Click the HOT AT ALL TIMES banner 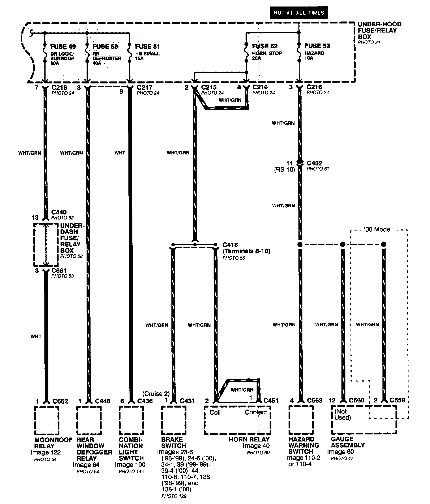coord(298,13)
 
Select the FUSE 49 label coord(63,47)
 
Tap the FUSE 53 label coord(317,46)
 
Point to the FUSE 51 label coord(147,47)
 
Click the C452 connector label coord(315,163)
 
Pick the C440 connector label coord(59,212)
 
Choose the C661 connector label coord(59,271)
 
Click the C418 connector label coord(230,245)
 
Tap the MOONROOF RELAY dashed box coord(47,420)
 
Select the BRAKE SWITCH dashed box coord(174,420)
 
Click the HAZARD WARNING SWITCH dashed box coord(301,420)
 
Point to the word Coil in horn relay coord(215,412)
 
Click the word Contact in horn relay coord(256,412)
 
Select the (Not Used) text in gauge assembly coord(343,414)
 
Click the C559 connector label coord(397,400)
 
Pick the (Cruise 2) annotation coord(156,394)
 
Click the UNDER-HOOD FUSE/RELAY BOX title coord(379,30)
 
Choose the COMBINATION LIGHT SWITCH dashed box coord(131,420)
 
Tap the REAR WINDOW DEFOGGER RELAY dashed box coord(89,420)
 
